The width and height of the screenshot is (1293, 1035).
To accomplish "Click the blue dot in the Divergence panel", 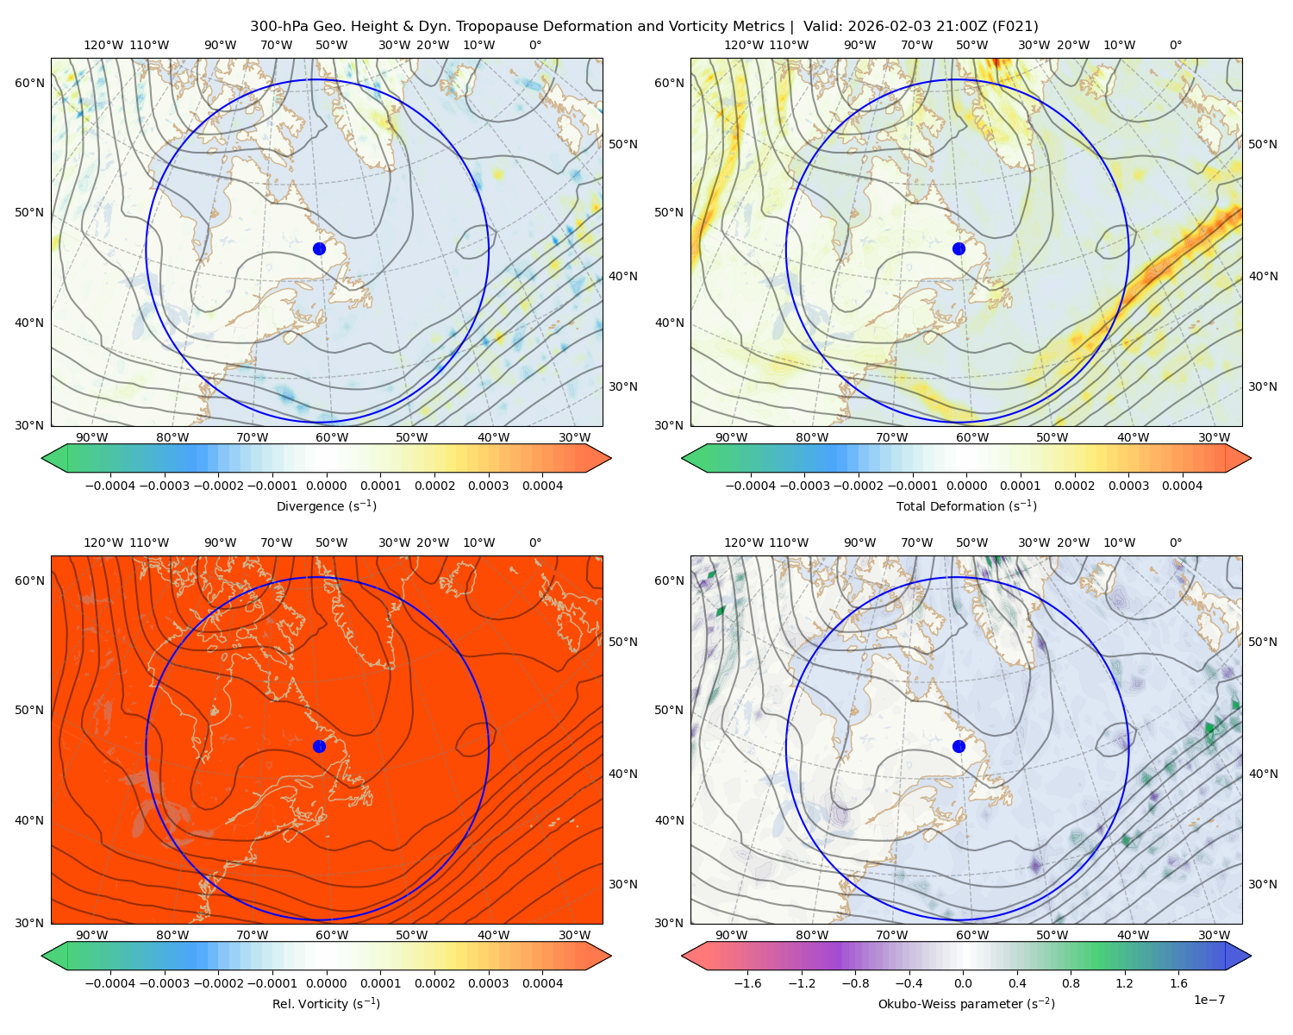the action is [x=319, y=248].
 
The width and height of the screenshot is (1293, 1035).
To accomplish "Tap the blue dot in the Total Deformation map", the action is [x=959, y=248].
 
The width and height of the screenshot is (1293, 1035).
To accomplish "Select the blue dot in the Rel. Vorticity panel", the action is [x=319, y=746].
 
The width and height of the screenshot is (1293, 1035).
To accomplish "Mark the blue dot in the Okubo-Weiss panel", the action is [x=959, y=746].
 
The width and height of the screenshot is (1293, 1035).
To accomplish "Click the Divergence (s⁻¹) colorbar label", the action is [x=326, y=505].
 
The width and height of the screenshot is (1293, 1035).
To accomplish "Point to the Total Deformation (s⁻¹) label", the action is [x=966, y=505].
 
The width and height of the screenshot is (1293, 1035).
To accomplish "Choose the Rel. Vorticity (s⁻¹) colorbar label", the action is [x=326, y=1003].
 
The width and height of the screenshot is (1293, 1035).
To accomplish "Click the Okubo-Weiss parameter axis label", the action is [x=966, y=1003].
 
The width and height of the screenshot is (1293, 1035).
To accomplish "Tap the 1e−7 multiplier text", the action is [x=1209, y=1000].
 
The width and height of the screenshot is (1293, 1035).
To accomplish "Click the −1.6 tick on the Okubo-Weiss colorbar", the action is [x=748, y=982].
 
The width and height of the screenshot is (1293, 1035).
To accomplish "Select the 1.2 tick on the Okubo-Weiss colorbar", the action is [x=1124, y=982].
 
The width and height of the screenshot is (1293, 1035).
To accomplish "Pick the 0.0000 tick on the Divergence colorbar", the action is [x=326, y=486].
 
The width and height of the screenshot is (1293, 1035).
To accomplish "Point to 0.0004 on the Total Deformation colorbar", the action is [x=1182, y=486].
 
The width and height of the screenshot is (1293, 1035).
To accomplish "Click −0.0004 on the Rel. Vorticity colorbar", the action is [x=110, y=982].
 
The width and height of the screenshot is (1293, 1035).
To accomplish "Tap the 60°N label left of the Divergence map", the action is [x=29, y=83].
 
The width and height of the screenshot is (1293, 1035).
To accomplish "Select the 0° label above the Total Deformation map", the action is [x=1175, y=45].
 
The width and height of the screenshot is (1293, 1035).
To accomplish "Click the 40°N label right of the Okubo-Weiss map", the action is [x=1263, y=774].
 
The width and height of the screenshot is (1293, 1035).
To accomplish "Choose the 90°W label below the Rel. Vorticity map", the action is [x=92, y=935].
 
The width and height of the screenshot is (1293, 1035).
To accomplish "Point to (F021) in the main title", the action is [x=1015, y=27].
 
